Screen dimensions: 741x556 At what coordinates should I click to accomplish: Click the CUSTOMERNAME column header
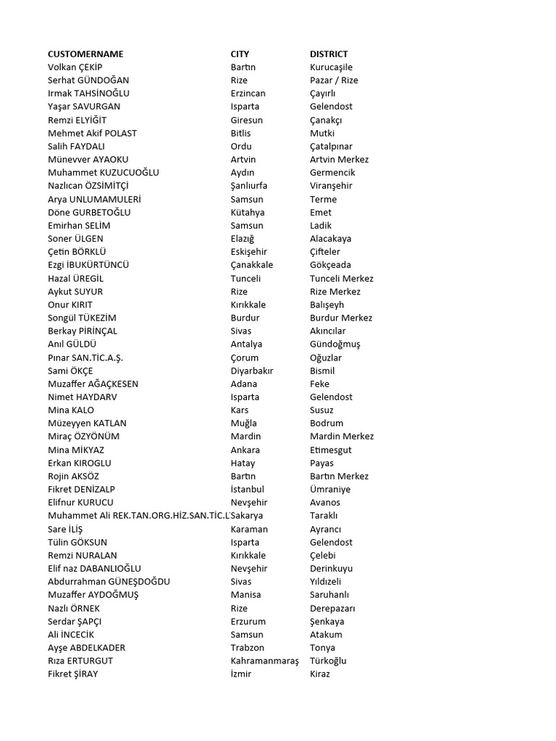(x=85, y=54)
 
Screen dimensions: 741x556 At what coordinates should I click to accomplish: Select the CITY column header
(x=240, y=54)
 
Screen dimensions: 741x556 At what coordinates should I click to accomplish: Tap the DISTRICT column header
(x=329, y=54)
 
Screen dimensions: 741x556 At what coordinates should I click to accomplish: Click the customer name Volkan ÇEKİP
(x=75, y=67)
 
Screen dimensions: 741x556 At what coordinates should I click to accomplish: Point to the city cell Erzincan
(x=248, y=93)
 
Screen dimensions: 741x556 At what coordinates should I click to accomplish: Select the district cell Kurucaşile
(x=331, y=67)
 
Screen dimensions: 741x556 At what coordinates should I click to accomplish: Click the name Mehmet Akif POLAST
(x=92, y=133)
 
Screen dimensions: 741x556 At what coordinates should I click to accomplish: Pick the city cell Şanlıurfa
(x=249, y=186)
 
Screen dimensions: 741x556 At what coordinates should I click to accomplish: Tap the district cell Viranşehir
(x=331, y=186)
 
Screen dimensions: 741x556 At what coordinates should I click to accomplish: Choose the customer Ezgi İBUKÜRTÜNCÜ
(x=88, y=265)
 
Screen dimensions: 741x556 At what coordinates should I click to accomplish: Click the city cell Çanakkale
(x=251, y=265)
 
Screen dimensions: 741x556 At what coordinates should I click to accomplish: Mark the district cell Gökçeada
(x=330, y=265)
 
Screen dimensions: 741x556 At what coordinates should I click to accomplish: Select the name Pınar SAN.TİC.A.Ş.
(x=85, y=357)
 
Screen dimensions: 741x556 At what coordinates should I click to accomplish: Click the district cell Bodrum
(x=327, y=423)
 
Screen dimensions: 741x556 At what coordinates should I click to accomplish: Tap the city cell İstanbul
(x=248, y=489)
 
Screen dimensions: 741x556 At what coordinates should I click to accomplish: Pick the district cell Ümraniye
(x=329, y=489)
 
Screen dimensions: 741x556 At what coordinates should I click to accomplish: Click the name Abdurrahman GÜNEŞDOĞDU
(x=109, y=581)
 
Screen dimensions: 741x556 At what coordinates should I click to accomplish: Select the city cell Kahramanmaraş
(x=264, y=661)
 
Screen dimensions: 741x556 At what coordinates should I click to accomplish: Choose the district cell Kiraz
(x=319, y=674)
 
